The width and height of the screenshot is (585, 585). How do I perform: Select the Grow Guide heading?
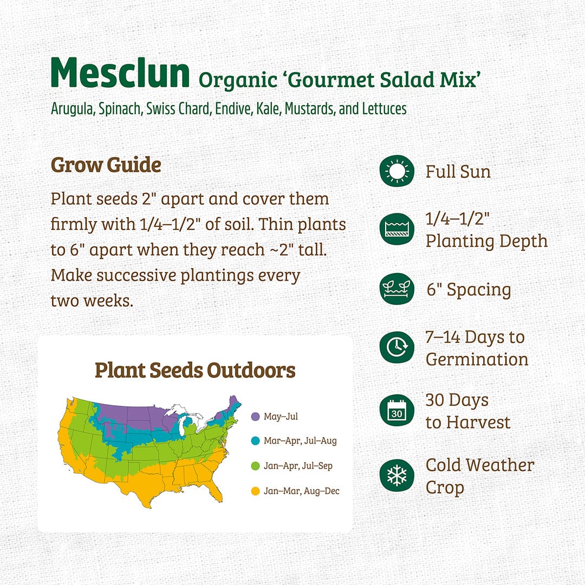click(106, 165)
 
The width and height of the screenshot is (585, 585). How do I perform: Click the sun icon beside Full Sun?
click(397, 171)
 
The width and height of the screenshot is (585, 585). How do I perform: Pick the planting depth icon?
click(397, 229)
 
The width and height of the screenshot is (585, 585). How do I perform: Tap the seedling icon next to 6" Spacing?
click(397, 289)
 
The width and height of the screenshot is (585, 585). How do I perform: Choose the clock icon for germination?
click(397, 347)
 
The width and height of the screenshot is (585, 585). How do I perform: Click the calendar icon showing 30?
click(397, 411)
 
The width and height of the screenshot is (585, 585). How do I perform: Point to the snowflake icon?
click(397, 476)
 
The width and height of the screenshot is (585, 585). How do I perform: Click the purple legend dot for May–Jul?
click(255, 417)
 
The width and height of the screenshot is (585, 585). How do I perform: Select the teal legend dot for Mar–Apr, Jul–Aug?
click(255, 441)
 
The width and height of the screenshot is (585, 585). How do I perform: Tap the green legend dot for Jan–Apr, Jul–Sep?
click(255, 466)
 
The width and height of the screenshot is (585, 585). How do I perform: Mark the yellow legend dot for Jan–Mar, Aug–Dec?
click(255, 491)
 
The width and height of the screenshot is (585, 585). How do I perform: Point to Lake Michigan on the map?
click(183, 425)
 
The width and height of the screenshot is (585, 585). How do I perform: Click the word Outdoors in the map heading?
click(251, 370)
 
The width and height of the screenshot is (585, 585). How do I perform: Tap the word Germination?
click(477, 360)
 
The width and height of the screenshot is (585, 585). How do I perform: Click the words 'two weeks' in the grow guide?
click(92, 301)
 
